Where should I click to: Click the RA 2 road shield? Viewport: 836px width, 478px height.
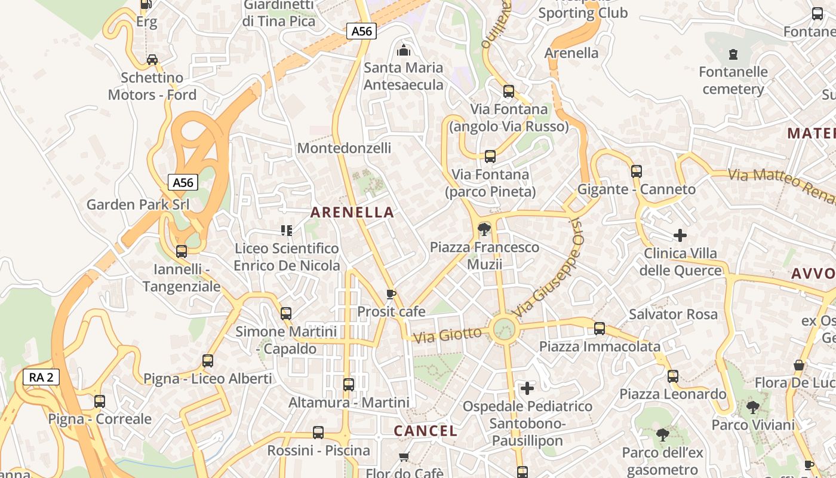(x=41, y=377)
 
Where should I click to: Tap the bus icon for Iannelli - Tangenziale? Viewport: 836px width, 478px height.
(x=182, y=252)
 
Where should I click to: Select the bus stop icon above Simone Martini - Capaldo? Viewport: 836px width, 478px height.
(x=286, y=313)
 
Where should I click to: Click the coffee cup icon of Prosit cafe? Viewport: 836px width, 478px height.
(x=391, y=294)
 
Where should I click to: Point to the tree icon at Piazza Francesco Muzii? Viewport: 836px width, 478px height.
(x=484, y=229)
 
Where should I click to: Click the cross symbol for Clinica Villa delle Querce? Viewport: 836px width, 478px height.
(x=680, y=235)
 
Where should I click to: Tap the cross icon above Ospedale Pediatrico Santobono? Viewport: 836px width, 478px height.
(x=527, y=388)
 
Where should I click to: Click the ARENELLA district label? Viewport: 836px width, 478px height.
(x=352, y=212)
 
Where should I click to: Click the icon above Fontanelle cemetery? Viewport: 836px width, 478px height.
(x=733, y=55)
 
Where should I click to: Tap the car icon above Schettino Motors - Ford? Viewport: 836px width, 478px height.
(x=152, y=60)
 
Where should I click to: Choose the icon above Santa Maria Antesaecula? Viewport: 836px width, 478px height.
(x=404, y=50)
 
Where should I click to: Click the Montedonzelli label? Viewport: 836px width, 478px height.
(x=344, y=148)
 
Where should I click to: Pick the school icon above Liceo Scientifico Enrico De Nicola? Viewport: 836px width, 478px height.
(x=287, y=230)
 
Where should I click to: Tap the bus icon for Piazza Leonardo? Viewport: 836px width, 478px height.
(x=673, y=376)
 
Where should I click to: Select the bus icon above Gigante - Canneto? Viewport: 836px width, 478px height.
(x=637, y=171)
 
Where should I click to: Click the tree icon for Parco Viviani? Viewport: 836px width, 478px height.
(x=753, y=407)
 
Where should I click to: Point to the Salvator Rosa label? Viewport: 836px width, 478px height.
(x=673, y=314)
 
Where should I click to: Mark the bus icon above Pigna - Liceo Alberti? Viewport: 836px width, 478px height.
(x=208, y=361)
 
